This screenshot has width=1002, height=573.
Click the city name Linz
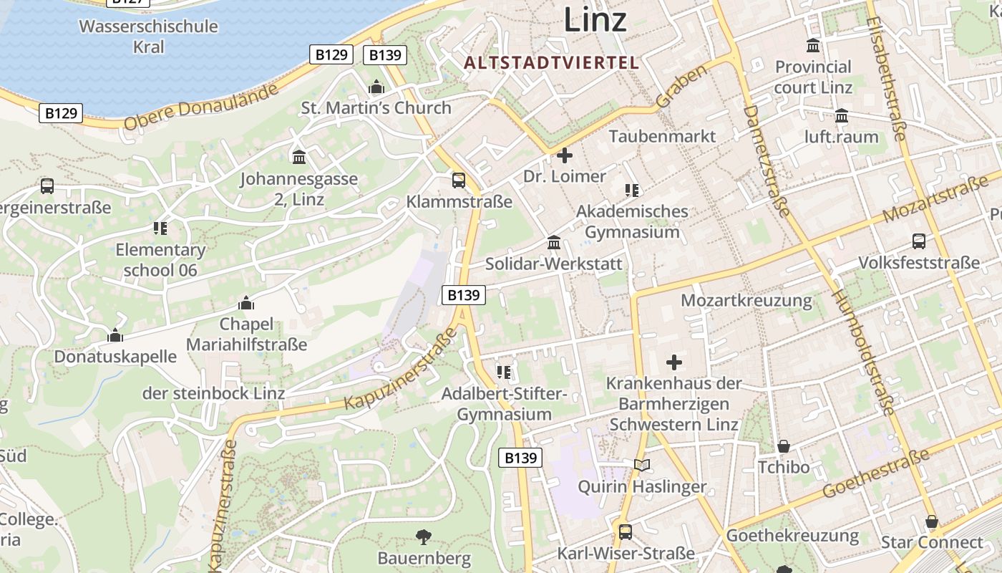(595, 19)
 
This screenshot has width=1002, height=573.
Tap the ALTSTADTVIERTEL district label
(551, 62)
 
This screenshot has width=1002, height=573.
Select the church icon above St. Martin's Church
(376, 87)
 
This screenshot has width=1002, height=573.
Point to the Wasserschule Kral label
(148, 37)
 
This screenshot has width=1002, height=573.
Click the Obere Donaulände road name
(200, 108)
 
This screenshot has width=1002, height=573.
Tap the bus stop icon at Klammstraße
(459, 180)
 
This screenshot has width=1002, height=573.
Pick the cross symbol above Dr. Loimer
(565, 155)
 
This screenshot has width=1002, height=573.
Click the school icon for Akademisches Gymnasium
(632, 190)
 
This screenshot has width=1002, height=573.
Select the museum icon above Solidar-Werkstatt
(554, 243)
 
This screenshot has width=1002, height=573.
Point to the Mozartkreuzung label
(746, 300)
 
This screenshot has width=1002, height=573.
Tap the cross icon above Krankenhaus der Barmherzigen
(673, 362)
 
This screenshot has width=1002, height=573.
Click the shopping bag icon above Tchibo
(784, 446)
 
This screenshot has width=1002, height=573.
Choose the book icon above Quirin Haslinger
(642, 466)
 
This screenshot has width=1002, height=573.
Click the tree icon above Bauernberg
(424, 536)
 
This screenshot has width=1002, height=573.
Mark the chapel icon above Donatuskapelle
(115, 335)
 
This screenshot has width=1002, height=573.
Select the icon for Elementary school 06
(160, 228)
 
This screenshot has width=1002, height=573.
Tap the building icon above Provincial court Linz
(813, 46)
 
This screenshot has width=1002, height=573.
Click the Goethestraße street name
(876, 474)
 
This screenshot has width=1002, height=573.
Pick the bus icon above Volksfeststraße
(919, 241)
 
